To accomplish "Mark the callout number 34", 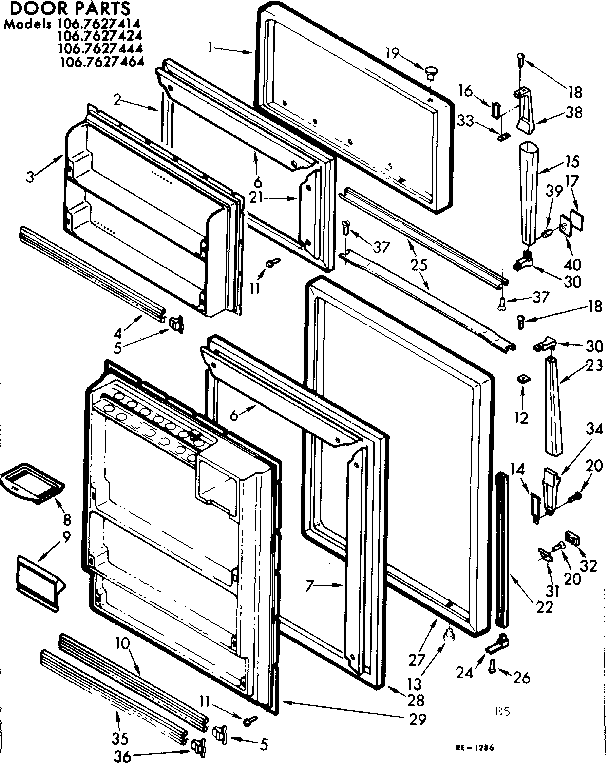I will pyautogui.click(x=568, y=430).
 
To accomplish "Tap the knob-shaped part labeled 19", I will pyautogui.click(x=433, y=68).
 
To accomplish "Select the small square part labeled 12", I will pyautogui.click(x=522, y=379).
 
